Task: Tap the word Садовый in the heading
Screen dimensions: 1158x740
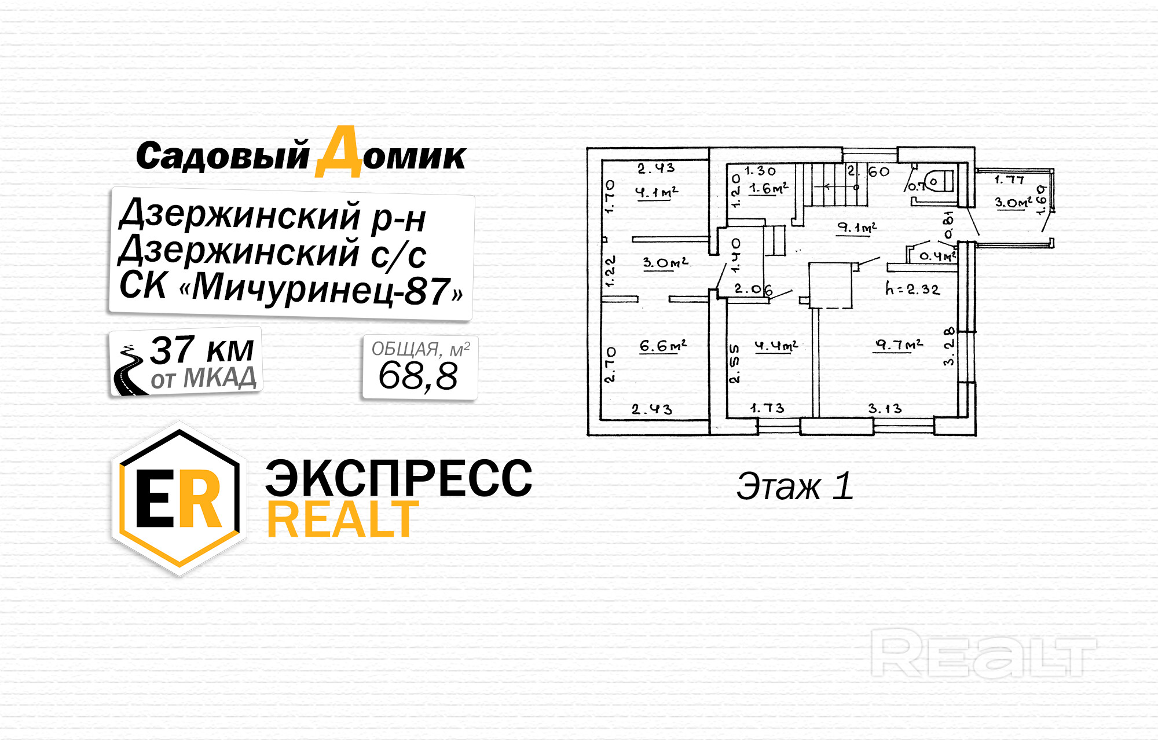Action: pyautogui.click(x=223, y=156)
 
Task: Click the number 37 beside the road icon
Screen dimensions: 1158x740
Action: pyautogui.click(x=172, y=350)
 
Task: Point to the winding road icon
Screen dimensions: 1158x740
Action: pyautogui.click(x=129, y=371)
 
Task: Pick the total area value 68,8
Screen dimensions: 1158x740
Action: pyautogui.click(x=418, y=376)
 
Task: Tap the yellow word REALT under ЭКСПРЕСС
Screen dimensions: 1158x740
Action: pyautogui.click(x=342, y=520)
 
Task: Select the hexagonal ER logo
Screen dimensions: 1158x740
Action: pyautogui.click(x=179, y=499)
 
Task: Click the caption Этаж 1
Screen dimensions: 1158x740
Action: pyautogui.click(x=795, y=486)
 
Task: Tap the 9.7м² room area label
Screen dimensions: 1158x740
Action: pyautogui.click(x=899, y=345)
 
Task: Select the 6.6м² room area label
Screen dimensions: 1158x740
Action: pyautogui.click(x=662, y=346)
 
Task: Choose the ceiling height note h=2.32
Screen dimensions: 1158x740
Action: pyautogui.click(x=912, y=289)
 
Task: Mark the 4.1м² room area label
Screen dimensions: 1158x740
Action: pyautogui.click(x=656, y=192)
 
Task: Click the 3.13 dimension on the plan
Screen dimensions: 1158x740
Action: pyautogui.click(x=885, y=409)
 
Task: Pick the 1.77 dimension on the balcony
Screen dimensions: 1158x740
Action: pyautogui.click(x=1009, y=180)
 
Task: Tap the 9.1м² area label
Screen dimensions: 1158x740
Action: pyautogui.click(x=857, y=228)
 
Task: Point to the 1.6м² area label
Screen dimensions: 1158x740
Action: pyautogui.click(x=768, y=189)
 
